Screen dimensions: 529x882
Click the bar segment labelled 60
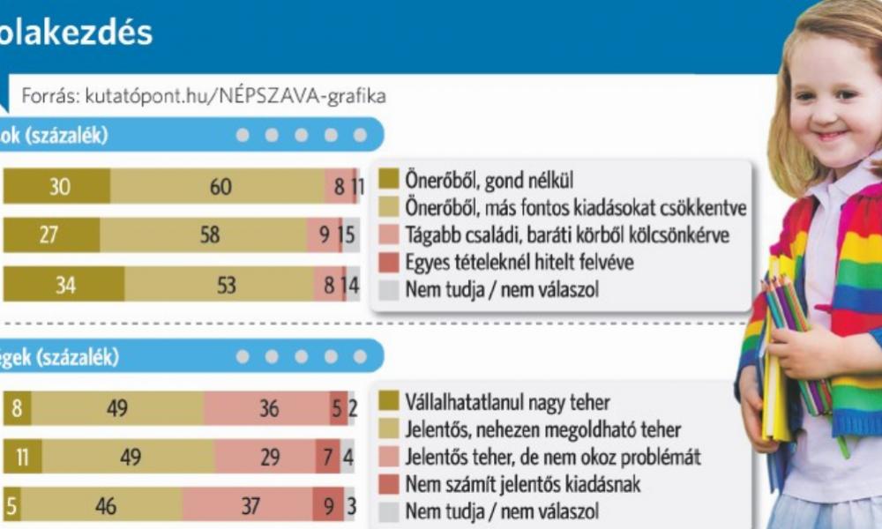pyautogui.click(x=220, y=187)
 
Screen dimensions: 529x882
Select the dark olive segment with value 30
pyautogui.click(x=58, y=187)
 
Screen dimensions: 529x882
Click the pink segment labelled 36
pyautogui.click(x=267, y=409)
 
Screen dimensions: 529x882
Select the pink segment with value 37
pyautogui.click(x=250, y=507)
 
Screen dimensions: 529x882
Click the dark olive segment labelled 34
pyautogui.click(x=65, y=285)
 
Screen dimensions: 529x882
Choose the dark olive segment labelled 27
pyautogui.click(x=52, y=235)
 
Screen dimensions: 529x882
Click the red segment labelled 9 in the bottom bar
pyautogui.click(x=328, y=507)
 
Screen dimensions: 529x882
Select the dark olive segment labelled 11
pyautogui.click(x=24, y=458)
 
